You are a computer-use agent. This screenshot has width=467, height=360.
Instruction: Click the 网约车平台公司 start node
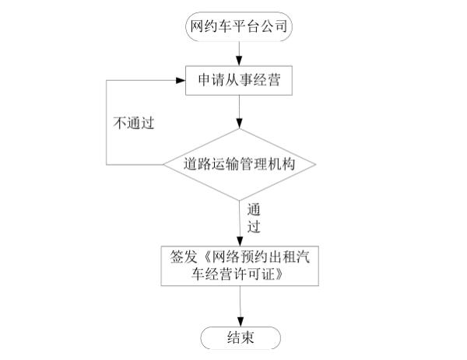click(240, 26)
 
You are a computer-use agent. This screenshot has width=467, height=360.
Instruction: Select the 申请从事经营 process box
click(240, 81)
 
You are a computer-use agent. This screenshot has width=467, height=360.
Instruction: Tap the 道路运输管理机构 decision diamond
click(240, 165)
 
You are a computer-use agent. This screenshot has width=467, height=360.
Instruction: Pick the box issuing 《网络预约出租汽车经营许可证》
click(240, 265)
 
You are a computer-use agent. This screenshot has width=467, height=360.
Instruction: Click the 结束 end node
click(240, 337)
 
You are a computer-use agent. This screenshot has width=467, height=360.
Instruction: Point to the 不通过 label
click(134, 124)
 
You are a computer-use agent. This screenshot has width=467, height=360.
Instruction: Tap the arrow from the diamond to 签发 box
click(240, 222)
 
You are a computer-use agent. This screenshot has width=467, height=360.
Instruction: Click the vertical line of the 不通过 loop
click(107, 123)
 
